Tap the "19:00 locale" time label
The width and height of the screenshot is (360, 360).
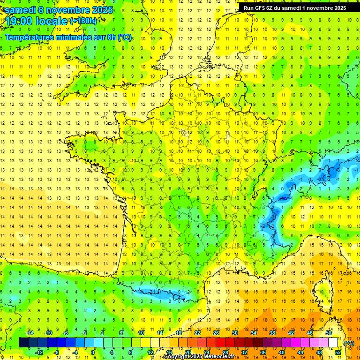[36, 21]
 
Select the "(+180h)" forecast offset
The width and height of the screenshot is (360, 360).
[83, 21]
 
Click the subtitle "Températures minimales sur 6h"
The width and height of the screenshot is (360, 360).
[61, 37]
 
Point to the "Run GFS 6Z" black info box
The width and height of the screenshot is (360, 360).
[295, 7]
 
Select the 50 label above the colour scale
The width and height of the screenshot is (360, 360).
[328, 333]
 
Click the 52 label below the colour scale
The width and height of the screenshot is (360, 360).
[337, 352]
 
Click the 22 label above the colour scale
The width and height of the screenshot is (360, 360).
[197, 333]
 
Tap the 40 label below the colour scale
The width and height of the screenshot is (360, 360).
[281, 352]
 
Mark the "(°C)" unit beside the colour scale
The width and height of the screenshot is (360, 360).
[349, 343]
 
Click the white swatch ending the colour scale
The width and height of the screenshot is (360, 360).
[333, 343]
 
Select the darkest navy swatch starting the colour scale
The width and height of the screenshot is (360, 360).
[23, 343]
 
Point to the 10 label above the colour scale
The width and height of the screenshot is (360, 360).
[141, 333]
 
